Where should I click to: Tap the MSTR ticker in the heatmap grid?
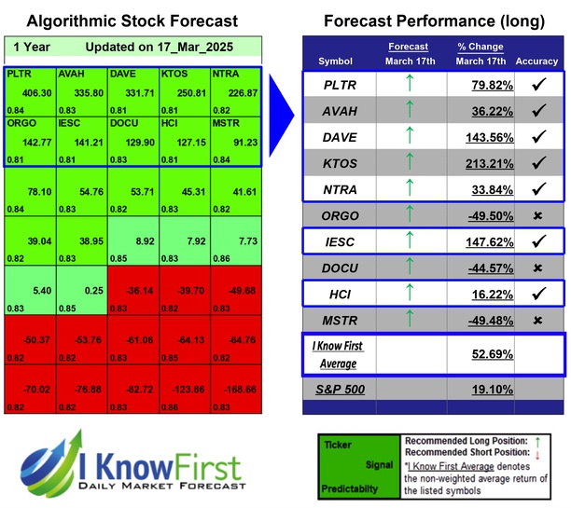click(225, 122)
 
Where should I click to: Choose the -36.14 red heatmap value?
click(135, 291)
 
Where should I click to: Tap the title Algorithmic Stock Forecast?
click(132, 21)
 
